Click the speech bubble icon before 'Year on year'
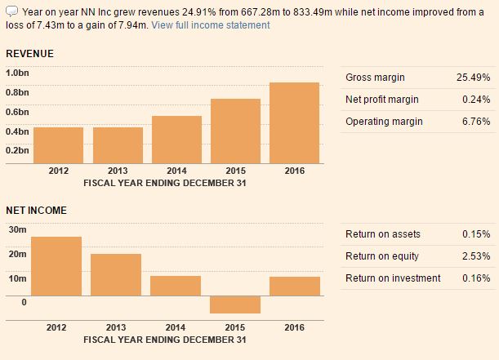click(x=11, y=11)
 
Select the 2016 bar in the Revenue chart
click(x=294, y=122)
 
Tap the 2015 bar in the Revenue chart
click(x=235, y=131)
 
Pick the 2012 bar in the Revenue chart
click(x=58, y=145)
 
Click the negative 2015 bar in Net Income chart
click(x=235, y=304)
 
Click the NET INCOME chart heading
click(x=36, y=211)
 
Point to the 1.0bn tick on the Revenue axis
click(x=17, y=73)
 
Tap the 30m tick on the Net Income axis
click(x=16, y=230)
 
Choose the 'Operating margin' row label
click(x=384, y=122)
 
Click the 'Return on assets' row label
click(x=383, y=234)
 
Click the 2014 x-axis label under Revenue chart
click(x=176, y=171)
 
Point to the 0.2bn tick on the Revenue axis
click(x=17, y=151)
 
